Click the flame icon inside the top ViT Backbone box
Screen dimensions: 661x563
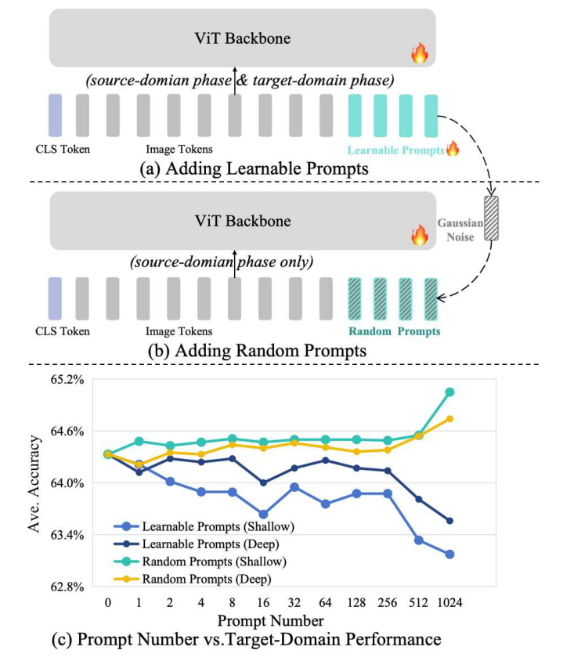[x=420, y=53]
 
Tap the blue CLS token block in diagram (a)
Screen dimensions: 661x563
[x=55, y=115]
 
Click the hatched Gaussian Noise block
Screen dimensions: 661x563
[x=491, y=219]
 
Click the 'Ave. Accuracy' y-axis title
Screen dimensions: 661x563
[x=34, y=482]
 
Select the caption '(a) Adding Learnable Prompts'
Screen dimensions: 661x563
[x=250, y=168]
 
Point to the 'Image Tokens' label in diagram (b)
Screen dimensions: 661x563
[x=179, y=331]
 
